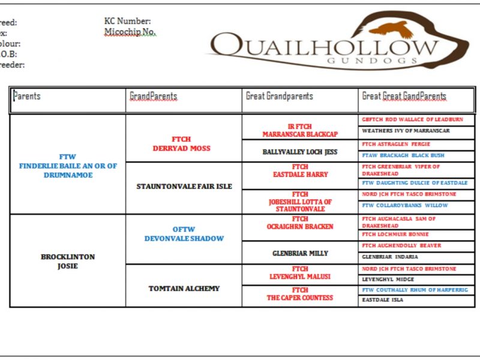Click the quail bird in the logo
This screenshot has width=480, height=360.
(x=391, y=29)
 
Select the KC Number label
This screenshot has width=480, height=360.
(x=127, y=22)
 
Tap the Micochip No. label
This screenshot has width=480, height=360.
(x=130, y=32)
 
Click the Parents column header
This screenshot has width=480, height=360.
(x=27, y=96)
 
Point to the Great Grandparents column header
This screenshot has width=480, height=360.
(x=279, y=96)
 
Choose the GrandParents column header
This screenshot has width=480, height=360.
(x=153, y=96)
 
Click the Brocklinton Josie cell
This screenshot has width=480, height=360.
(x=68, y=261)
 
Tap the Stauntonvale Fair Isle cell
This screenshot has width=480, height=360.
(x=184, y=186)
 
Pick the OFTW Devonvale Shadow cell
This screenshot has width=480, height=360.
(x=184, y=234)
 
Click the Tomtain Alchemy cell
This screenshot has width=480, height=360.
(x=184, y=289)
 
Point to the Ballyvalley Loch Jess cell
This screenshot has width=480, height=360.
(x=300, y=152)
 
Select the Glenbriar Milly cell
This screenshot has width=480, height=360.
(x=300, y=253)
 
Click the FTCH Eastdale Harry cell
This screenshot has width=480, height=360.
(x=300, y=171)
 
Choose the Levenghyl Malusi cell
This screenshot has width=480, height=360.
(x=300, y=273)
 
